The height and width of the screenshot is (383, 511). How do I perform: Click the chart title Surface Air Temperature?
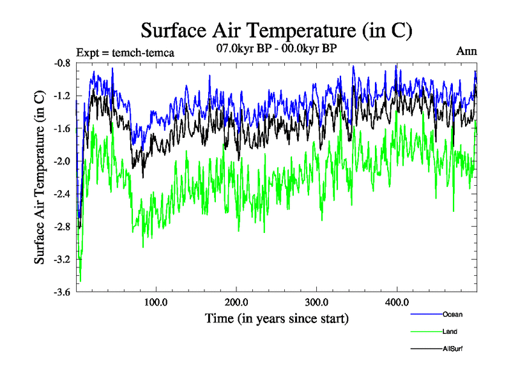276,30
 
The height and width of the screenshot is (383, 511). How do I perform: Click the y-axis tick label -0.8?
63,63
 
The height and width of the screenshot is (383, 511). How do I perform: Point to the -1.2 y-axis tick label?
63,96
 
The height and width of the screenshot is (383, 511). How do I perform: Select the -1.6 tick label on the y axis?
63,129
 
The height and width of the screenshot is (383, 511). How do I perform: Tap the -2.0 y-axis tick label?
63,161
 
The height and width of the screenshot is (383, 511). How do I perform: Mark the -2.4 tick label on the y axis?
63,194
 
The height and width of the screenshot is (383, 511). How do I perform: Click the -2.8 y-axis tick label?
63,227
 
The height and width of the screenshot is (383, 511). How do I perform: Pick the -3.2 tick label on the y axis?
63,260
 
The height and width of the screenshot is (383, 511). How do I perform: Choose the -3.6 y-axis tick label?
63,292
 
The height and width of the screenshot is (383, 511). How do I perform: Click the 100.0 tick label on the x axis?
156,302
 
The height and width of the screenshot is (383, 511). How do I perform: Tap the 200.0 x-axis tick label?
237,302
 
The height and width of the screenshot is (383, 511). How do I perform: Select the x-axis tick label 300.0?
317,302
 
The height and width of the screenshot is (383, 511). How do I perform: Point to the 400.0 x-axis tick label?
397,302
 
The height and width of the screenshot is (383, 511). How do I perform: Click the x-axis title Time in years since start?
277,318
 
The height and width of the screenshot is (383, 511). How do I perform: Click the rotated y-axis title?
40,178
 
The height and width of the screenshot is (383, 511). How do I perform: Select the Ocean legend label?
452,314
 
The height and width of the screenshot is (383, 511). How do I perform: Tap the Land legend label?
450,331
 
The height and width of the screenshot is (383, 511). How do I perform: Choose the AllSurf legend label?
453,349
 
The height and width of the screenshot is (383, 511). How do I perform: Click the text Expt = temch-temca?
125,52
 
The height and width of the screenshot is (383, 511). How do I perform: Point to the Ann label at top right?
466,51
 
